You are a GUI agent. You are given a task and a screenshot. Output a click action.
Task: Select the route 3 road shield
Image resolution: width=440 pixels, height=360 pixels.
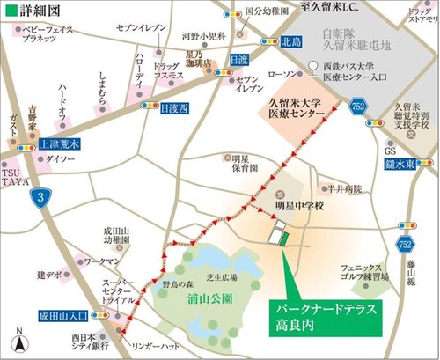point(33,196)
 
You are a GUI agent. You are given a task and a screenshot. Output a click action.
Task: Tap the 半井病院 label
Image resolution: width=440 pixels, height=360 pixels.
point(336,187)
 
